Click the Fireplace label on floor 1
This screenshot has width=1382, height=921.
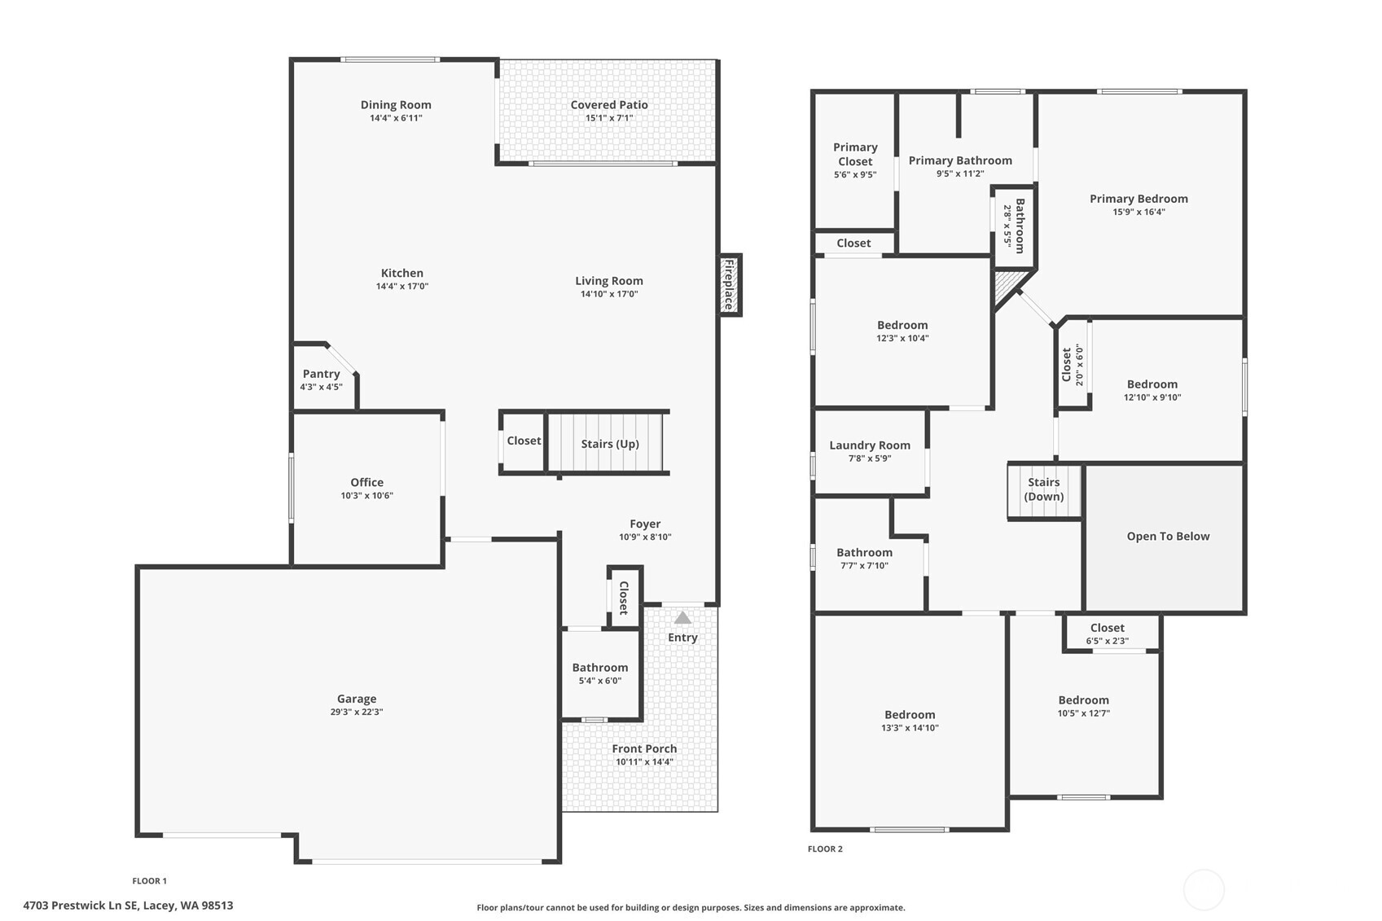click(x=729, y=284)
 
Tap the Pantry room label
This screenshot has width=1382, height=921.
click(x=321, y=374)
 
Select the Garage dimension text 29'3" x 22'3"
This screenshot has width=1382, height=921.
click(x=357, y=712)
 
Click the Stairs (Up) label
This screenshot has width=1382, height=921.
click(x=610, y=444)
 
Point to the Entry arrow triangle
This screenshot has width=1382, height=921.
click(x=682, y=618)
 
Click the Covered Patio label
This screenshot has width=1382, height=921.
click(x=609, y=104)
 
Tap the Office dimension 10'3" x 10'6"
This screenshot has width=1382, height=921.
click(x=366, y=495)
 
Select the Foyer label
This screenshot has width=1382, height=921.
click(x=645, y=524)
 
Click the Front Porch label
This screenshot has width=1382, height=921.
click(x=644, y=748)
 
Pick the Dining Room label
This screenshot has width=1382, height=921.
click(x=396, y=104)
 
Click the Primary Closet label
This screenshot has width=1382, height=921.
click(x=855, y=154)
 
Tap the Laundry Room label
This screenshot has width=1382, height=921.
click(x=870, y=445)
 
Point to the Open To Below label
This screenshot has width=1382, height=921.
click(x=1168, y=536)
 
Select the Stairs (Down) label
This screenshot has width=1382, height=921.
click(x=1044, y=489)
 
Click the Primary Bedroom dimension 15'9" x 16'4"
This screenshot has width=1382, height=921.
click(x=1139, y=212)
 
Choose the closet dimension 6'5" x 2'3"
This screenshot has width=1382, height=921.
click(x=1107, y=641)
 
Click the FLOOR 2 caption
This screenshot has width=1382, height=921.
click(x=825, y=849)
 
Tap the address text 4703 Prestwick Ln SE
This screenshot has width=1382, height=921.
click(x=81, y=905)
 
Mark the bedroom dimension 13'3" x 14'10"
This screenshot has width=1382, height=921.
click(x=910, y=728)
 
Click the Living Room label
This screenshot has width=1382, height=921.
click(x=609, y=281)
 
